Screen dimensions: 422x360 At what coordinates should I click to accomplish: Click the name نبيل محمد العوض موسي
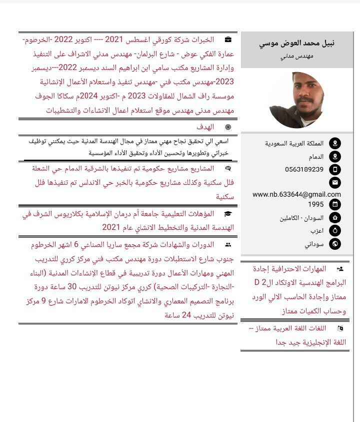coord(297,43)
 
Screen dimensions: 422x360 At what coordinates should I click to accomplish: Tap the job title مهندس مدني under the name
coord(297,57)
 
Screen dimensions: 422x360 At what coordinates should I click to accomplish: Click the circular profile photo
coord(296,100)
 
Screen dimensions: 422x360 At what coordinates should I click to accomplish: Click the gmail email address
coord(296,194)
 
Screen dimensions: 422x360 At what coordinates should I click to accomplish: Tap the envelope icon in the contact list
coord(335,182)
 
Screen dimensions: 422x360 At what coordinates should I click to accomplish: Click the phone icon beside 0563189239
coord(335,169)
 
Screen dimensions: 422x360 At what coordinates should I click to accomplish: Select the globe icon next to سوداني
coord(335,244)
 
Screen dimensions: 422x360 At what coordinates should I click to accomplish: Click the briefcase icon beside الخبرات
coord(228,39)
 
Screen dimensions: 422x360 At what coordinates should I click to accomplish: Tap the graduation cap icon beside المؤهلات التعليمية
coord(228,214)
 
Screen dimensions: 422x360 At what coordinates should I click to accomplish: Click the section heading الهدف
coord(205,127)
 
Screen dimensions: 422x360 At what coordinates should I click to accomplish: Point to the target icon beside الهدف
coord(228,127)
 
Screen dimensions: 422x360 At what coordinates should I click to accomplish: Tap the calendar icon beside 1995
coord(335,204)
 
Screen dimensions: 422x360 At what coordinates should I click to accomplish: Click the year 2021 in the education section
coord(112,228)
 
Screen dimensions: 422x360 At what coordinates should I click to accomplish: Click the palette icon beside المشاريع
coord(228,168)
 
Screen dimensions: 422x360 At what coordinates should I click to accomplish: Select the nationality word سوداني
coord(314,244)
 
